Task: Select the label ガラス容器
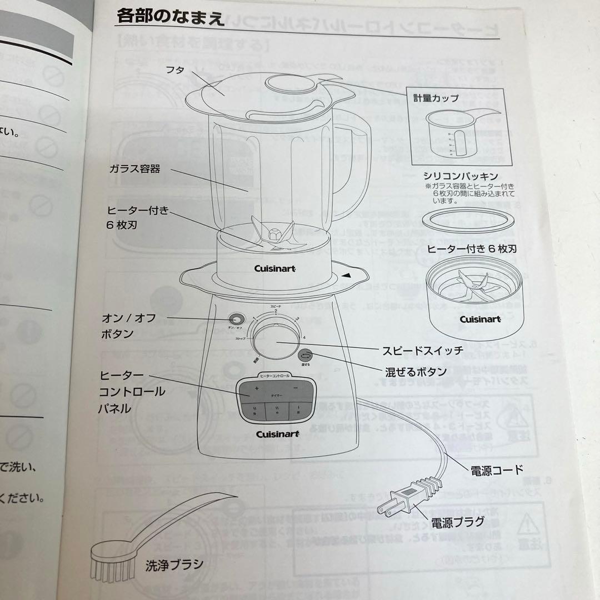[x=134, y=169]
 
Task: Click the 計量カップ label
[x=436, y=98]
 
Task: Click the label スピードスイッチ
[x=422, y=351]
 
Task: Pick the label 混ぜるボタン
[x=416, y=372]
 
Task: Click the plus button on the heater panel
[x=257, y=388]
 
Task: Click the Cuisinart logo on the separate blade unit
[x=479, y=319]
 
